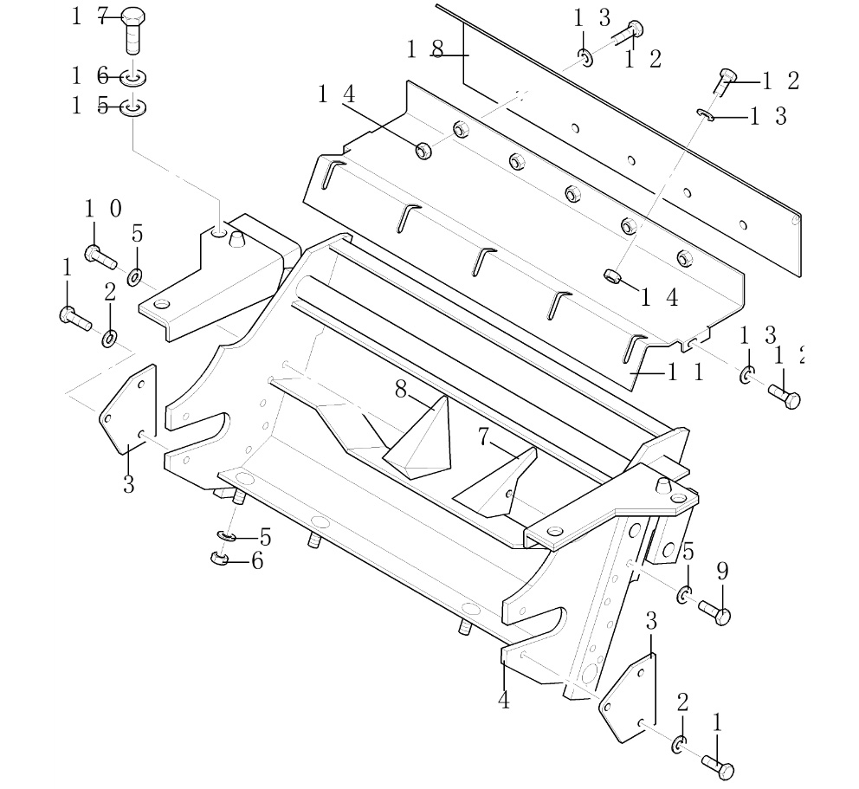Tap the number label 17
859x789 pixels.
pos(89,17)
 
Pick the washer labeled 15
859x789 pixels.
pos(132,108)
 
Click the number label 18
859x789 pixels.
pos(425,50)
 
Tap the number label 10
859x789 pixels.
pos(102,209)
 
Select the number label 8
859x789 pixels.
pos(401,390)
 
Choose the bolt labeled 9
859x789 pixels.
pos(714,614)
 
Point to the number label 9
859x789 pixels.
pos(722,571)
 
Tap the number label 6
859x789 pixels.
pos(256,561)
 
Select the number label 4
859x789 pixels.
pos(504,700)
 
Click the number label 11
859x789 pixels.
pos(685,373)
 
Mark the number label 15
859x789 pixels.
pos(89,107)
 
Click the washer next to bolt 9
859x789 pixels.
pos(684,595)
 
